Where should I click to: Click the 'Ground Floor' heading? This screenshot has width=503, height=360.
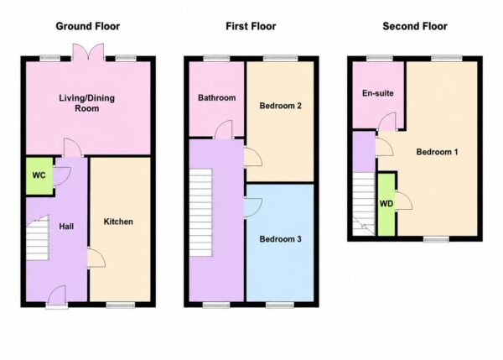87,26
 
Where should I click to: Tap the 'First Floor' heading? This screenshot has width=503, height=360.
251,26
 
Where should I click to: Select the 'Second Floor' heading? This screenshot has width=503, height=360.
415,26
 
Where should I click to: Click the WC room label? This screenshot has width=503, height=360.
39,175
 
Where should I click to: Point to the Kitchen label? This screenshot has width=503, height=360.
118,222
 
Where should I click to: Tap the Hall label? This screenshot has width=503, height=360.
66,227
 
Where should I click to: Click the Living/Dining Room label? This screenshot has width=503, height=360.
87,103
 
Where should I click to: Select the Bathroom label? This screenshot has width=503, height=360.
217,97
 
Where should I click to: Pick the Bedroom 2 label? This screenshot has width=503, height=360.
280,106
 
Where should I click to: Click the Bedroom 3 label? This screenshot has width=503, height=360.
280,239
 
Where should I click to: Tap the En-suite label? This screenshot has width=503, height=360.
378,93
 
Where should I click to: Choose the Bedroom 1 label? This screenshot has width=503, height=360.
437,152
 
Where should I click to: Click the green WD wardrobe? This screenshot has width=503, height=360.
386,204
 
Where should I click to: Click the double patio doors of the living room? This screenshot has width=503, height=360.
88,52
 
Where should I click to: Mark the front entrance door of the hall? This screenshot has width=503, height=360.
57,296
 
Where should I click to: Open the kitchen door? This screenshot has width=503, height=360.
96,258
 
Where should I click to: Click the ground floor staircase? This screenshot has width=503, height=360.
38,237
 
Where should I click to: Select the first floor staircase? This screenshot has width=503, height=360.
201,212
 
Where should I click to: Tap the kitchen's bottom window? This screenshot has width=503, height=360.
121,305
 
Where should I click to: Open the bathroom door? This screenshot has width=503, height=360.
223,130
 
